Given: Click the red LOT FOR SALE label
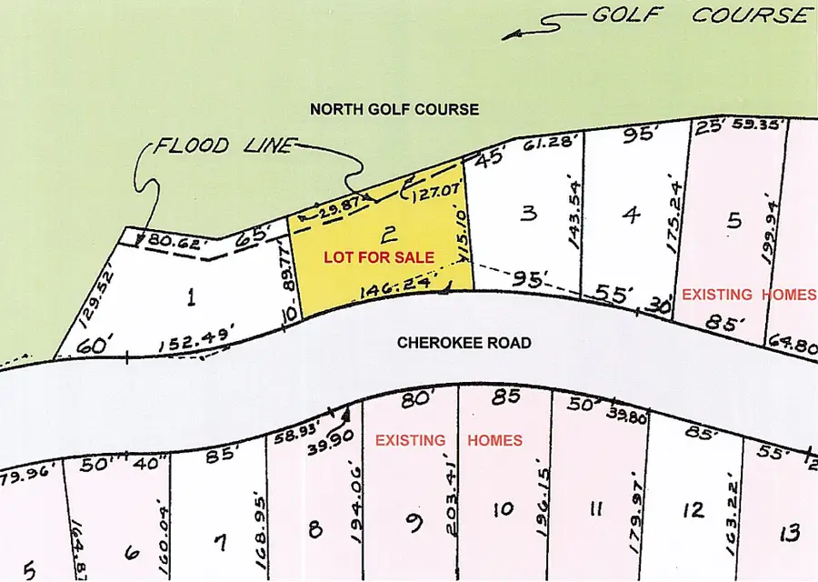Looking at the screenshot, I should point(379,257).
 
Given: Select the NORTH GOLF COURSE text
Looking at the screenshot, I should point(394,109).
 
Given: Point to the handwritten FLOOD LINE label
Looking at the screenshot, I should point(224,146).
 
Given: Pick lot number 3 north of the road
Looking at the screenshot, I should point(529,214).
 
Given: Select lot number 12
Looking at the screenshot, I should point(693,509).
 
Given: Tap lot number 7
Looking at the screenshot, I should point(219,543).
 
